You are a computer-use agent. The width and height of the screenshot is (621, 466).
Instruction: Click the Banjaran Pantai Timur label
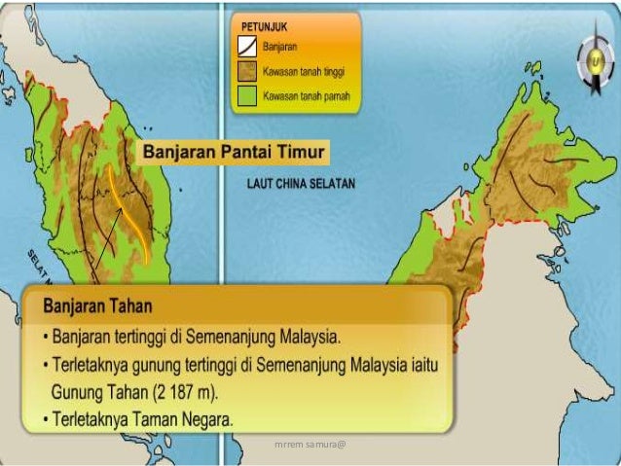pyautogui.click(x=235, y=152)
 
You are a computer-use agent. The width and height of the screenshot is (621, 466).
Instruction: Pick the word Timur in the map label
pyautogui.click(x=299, y=152)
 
